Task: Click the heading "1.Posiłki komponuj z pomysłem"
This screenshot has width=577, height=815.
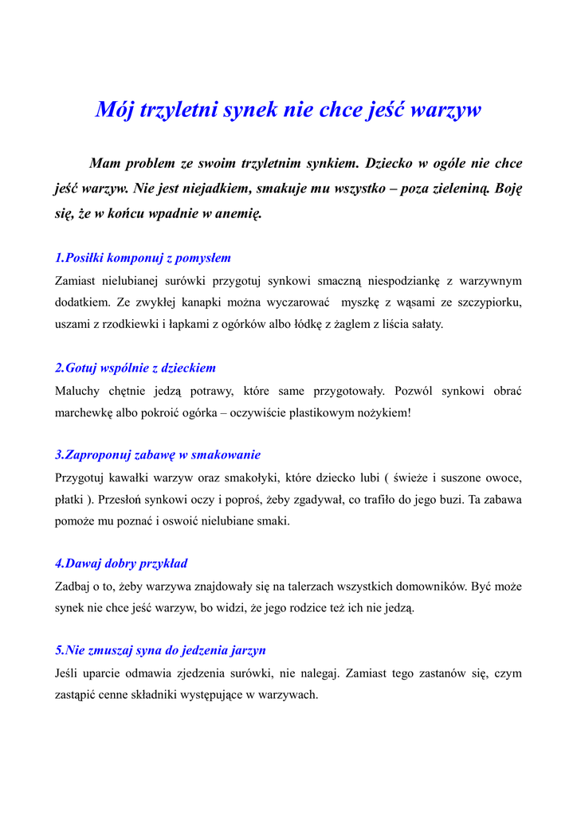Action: (143, 258)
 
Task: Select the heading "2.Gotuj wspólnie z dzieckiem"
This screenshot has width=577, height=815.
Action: (135, 369)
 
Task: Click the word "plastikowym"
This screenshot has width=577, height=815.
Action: (305, 413)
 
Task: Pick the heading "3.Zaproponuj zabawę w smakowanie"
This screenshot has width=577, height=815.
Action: (158, 455)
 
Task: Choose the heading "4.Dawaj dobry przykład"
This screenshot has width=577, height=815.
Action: (121, 563)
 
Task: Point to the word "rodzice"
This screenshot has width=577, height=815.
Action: (323, 609)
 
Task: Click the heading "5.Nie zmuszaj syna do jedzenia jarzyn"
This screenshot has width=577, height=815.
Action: (160, 650)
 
